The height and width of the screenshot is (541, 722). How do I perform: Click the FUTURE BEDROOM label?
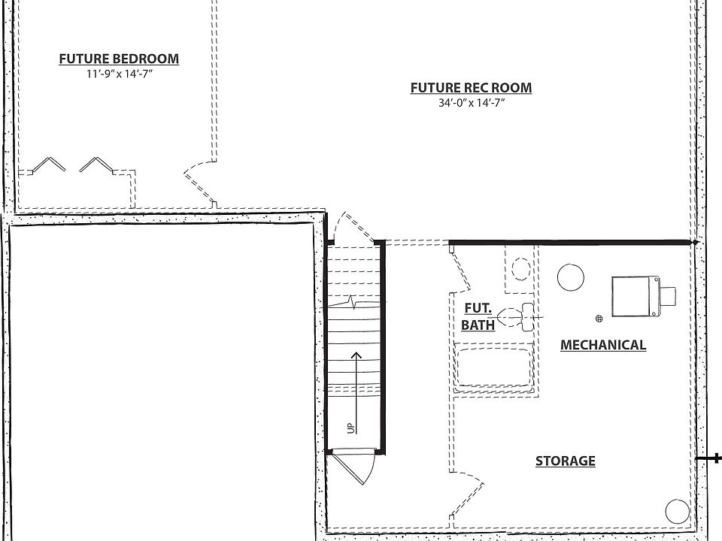119,59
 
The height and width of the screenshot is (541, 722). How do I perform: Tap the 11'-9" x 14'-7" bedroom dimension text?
119,74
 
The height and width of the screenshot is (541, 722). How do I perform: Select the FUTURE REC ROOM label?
471,88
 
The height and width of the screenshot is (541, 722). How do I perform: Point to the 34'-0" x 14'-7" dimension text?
471,103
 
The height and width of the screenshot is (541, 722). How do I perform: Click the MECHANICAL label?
602,345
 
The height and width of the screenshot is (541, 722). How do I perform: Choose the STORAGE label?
565,461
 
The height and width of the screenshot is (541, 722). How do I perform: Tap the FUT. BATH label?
478,316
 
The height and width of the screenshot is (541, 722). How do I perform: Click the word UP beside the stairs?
350,428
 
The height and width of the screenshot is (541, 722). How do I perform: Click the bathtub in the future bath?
496,367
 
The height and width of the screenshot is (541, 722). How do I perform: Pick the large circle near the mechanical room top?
570,277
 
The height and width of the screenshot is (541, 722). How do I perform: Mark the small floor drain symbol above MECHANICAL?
599,319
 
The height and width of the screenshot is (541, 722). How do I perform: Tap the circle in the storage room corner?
677,512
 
